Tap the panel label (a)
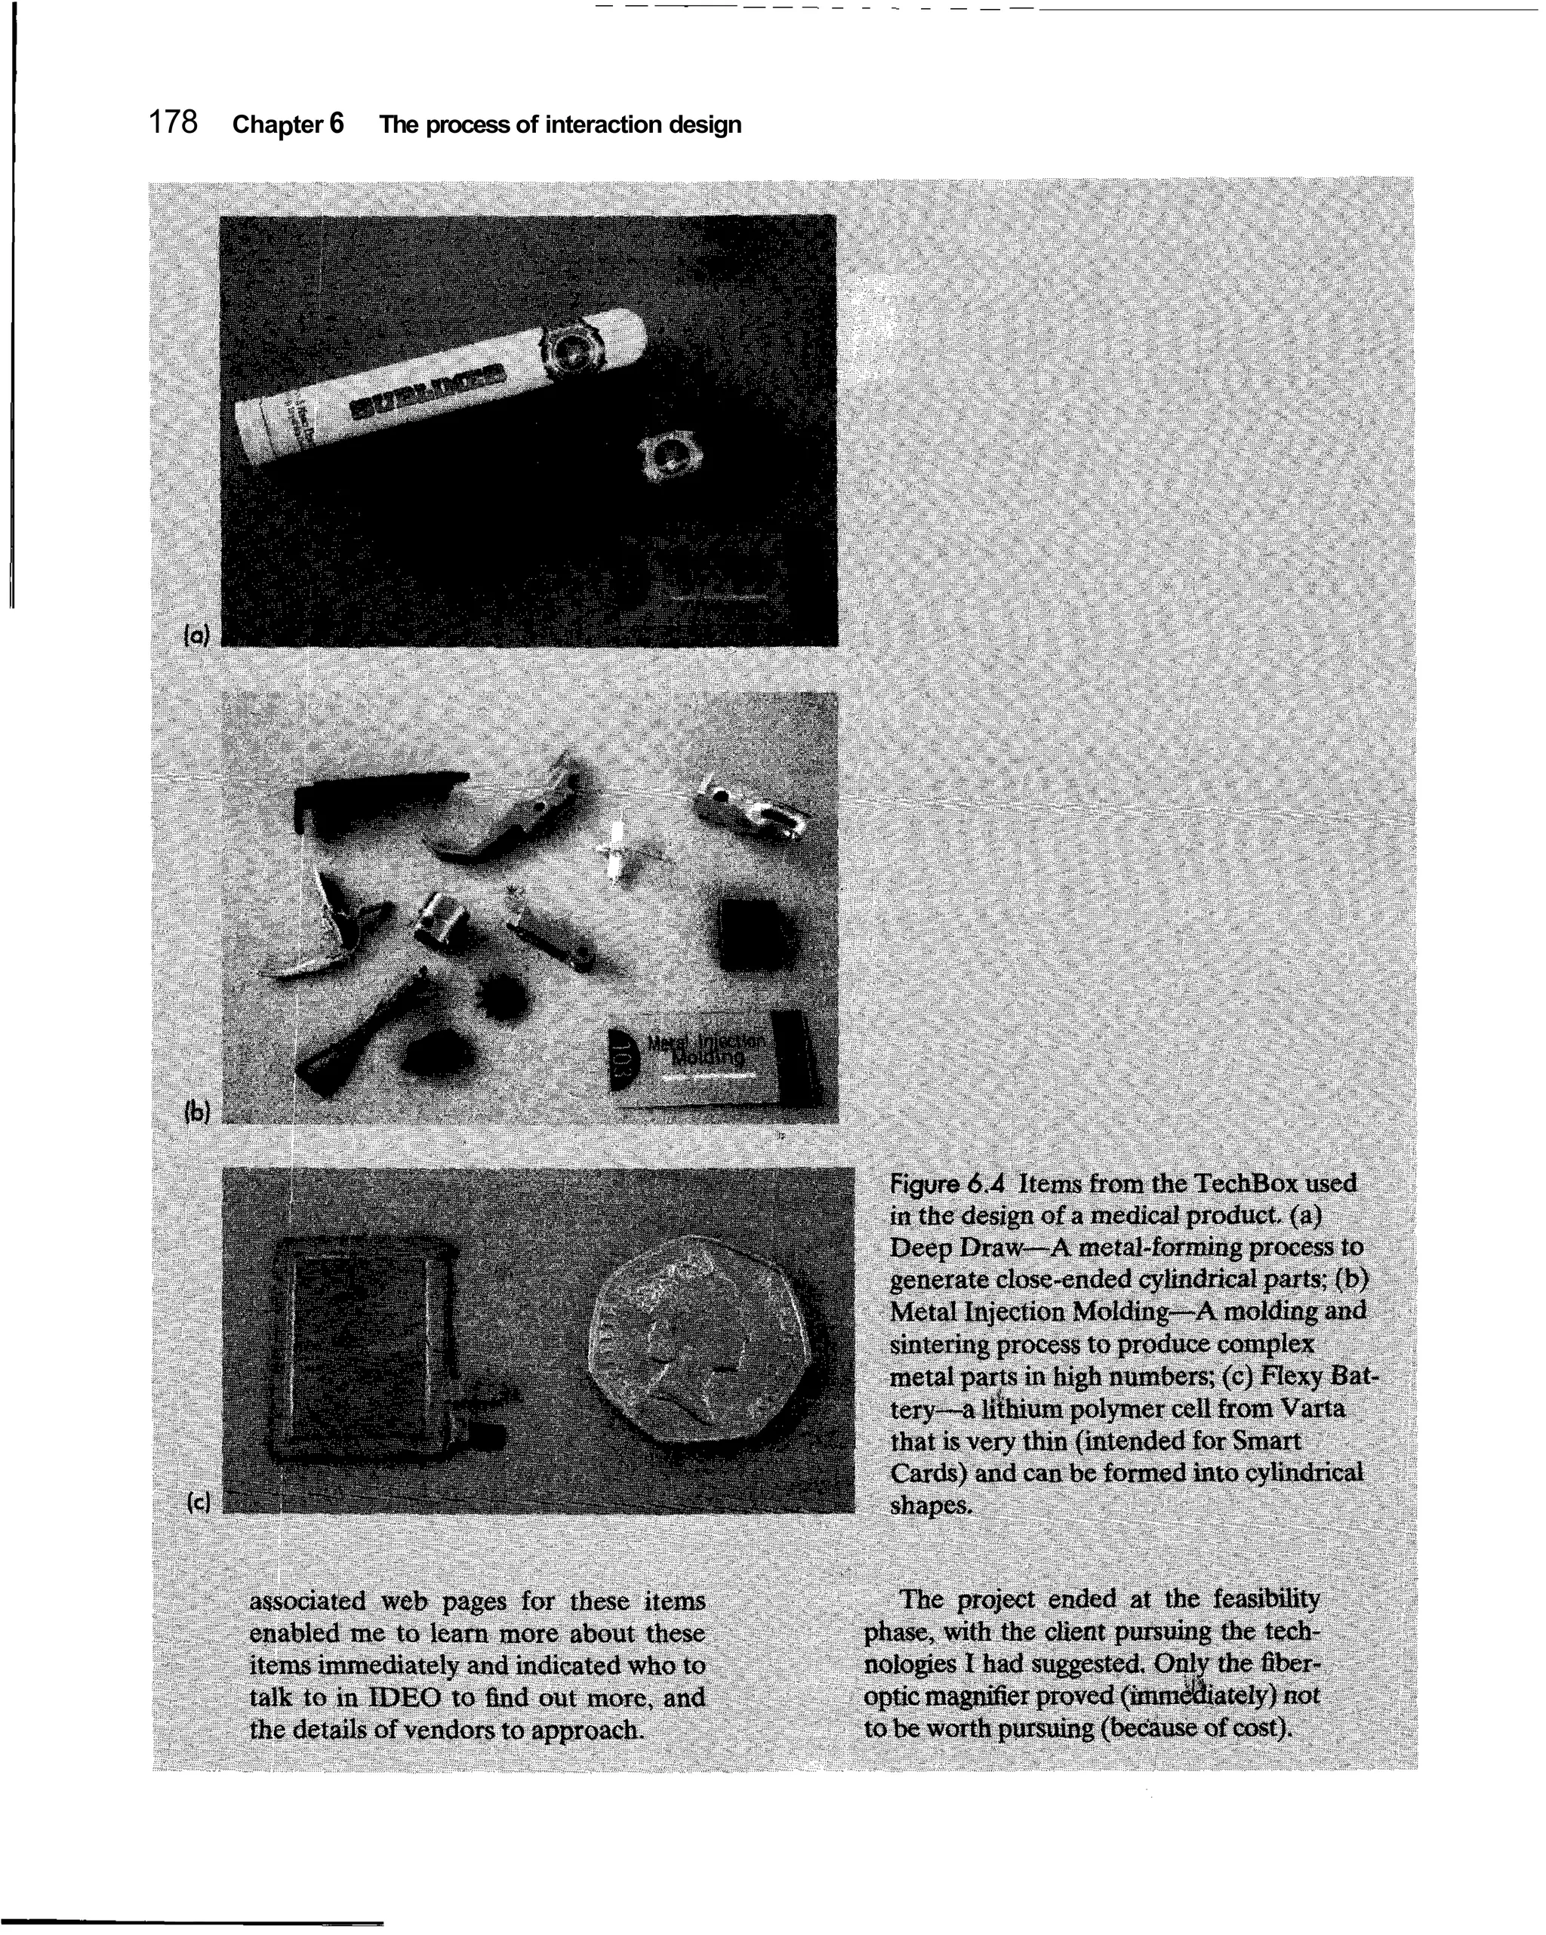tap(196, 635)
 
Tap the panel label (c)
tap(198, 1503)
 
